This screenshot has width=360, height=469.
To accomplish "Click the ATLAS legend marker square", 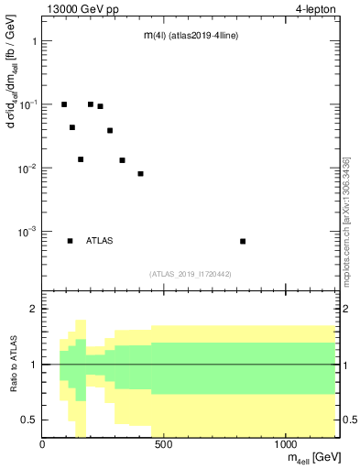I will pyautogui.click(x=70, y=241).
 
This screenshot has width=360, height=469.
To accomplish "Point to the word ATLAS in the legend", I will pyautogui.click(x=100, y=241).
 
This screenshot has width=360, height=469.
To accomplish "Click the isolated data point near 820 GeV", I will pyautogui.click(x=243, y=241).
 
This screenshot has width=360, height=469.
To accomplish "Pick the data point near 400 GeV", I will pyautogui.click(x=141, y=173).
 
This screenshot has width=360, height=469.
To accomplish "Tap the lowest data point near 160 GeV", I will pyautogui.click(x=81, y=159).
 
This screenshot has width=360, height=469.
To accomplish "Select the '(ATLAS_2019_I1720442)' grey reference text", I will pyautogui.click(x=191, y=274).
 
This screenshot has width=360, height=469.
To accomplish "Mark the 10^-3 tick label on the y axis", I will pyautogui.click(x=27, y=232).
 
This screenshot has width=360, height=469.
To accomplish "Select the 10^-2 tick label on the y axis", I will pyautogui.click(x=27, y=169).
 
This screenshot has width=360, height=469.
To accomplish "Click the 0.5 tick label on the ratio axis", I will pyautogui.click(x=28, y=420).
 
